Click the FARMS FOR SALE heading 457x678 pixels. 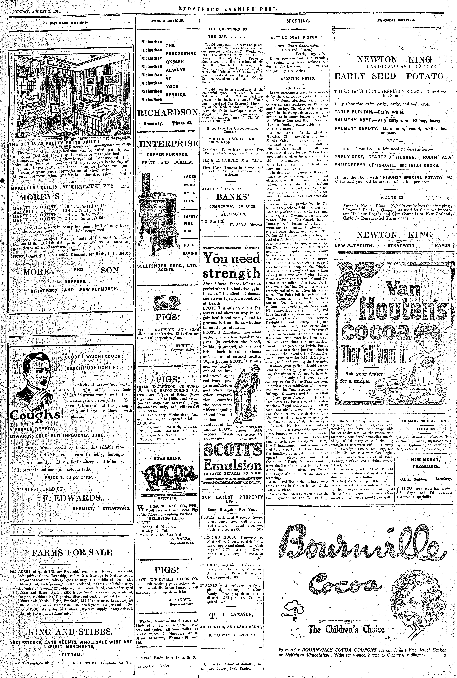pyautogui.click(x=71, y=552)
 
